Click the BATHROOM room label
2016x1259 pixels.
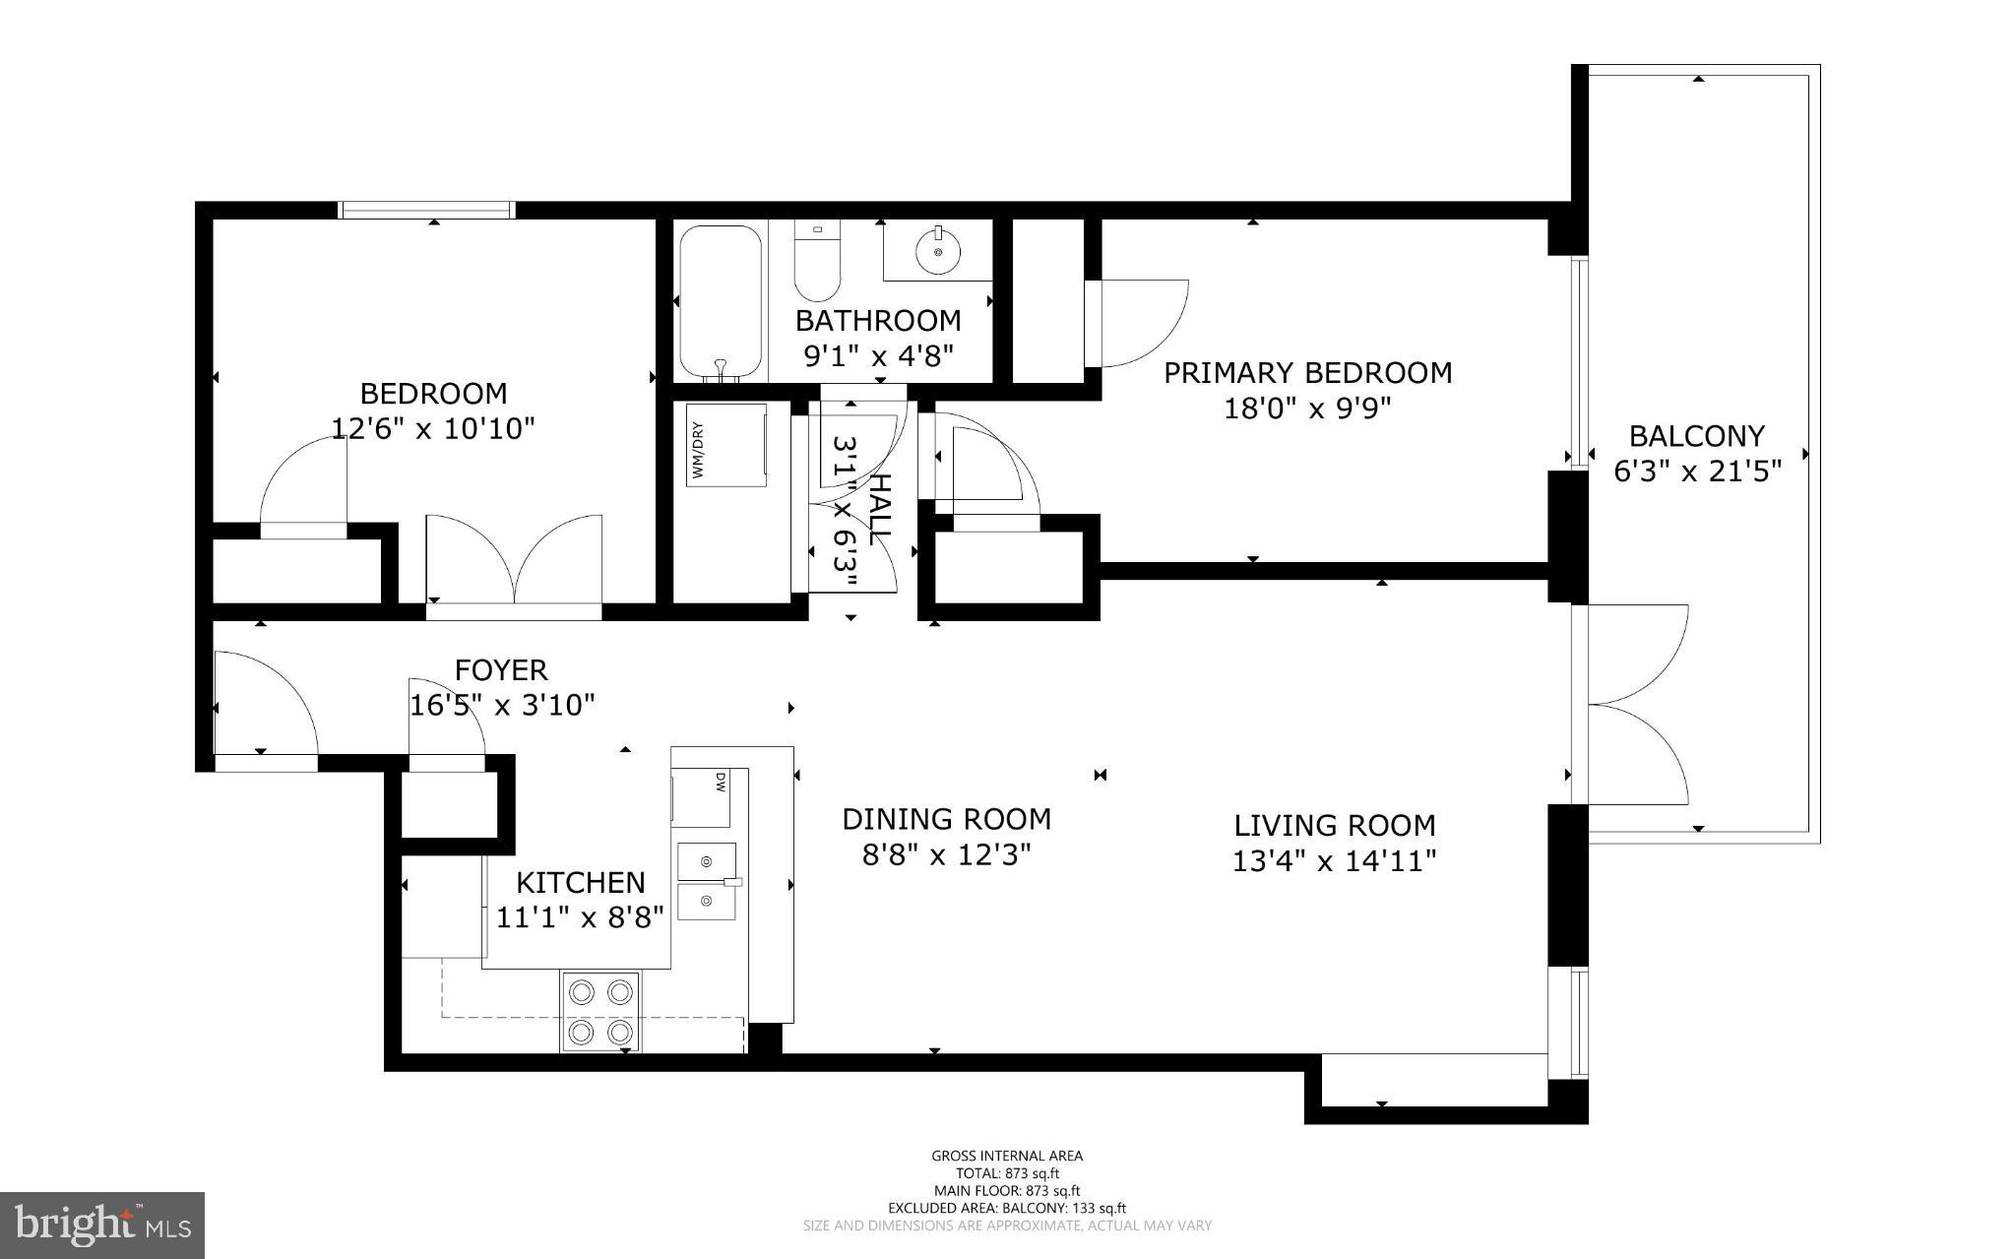tap(878, 320)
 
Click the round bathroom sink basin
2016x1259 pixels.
tap(937, 252)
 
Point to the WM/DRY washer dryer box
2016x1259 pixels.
tap(726, 445)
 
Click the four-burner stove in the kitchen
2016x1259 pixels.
tap(599, 1011)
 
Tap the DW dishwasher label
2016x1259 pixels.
tap(720, 783)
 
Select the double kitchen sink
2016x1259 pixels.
tap(707, 881)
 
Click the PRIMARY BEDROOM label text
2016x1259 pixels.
tap(1307, 373)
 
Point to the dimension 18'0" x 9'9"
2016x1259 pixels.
tap(1306, 409)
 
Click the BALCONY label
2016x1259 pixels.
tap(1696, 435)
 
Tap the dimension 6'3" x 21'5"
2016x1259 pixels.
tap(1697, 472)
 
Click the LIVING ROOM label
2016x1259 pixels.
tap(1334, 825)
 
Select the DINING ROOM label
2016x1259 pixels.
tap(946, 819)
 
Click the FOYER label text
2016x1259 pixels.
tap(500, 670)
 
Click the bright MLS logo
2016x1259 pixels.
tap(101, 1225)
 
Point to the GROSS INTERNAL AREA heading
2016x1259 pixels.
tap(1006, 1156)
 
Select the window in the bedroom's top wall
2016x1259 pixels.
tap(425, 210)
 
